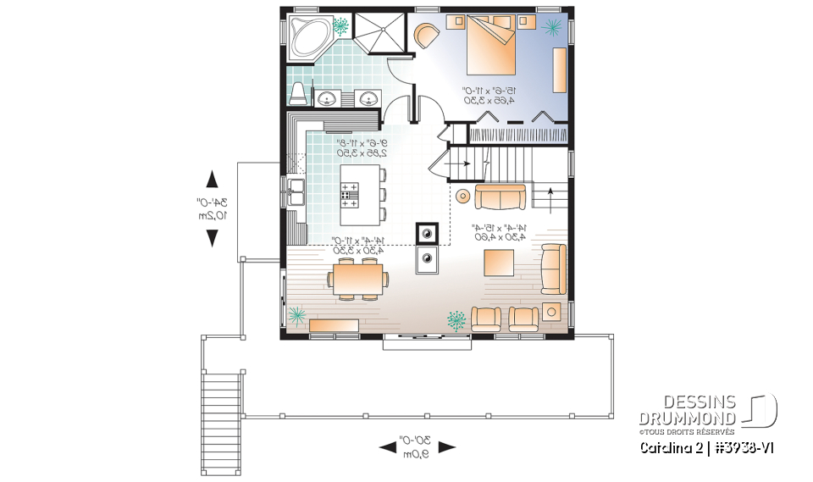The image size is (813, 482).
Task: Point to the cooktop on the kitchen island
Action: coord(349,195)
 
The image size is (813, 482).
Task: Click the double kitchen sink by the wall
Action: coord(295,192)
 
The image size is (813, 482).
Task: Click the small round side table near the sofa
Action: coord(462,196)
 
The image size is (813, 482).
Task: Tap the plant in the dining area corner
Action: coord(297,316)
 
